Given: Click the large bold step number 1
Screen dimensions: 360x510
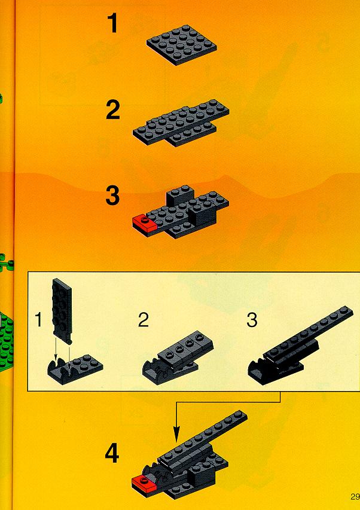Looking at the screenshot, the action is [x=113, y=23].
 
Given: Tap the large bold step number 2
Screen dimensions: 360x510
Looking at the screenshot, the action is [x=113, y=109].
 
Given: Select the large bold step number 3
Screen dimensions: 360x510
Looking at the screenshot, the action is [x=112, y=195].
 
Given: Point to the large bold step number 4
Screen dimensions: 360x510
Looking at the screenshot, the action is [x=112, y=454].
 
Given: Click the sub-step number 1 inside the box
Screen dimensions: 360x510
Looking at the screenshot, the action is [x=39, y=319].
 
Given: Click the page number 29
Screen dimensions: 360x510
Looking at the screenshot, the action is [x=355, y=497].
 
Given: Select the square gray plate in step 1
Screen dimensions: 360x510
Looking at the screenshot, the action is [x=181, y=45].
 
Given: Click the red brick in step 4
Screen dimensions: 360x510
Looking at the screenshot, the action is [x=144, y=483].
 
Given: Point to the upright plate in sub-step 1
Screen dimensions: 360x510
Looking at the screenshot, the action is [x=62, y=310].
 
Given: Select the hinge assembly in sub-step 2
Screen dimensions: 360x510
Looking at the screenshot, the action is [x=178, y=358].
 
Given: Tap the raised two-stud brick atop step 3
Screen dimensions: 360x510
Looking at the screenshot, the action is [x=179, y=195].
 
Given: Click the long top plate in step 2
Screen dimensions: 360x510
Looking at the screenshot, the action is [x=181, y=121].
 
